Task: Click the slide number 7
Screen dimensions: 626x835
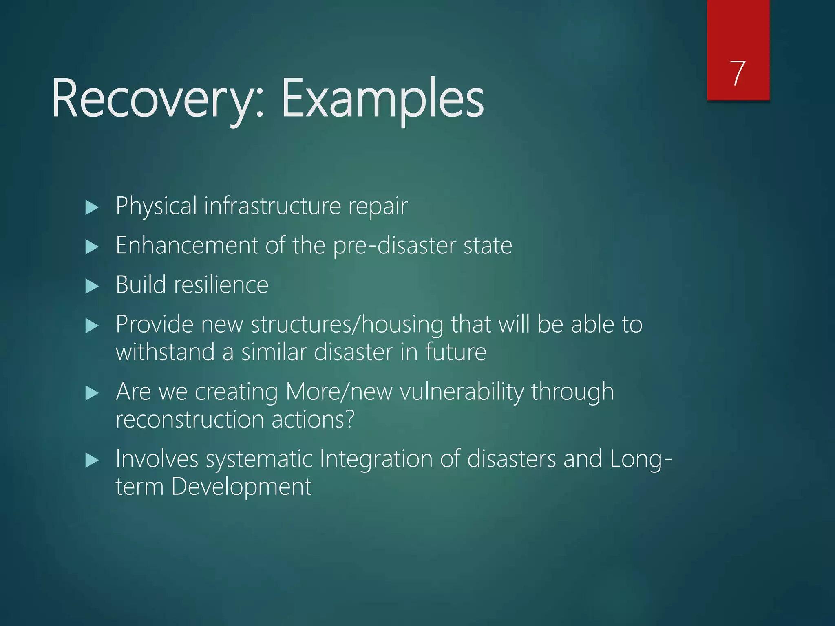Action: (738, 73)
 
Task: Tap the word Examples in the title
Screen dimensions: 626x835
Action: (382, 99)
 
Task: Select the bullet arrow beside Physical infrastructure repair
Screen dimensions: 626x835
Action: (92, 207)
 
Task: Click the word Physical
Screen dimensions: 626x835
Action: (156, 206)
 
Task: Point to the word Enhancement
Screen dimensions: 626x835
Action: (187, 245)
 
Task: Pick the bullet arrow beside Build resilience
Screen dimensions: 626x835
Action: (92, 286)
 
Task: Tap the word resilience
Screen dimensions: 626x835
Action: (221, 285)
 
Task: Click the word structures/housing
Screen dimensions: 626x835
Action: (347, 325)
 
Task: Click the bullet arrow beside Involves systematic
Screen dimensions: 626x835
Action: (92, 461)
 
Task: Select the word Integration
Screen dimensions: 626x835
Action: (376, 459)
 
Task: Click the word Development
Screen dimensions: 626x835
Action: (241, 487)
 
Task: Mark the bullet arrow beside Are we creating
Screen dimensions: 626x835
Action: (92, 393)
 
